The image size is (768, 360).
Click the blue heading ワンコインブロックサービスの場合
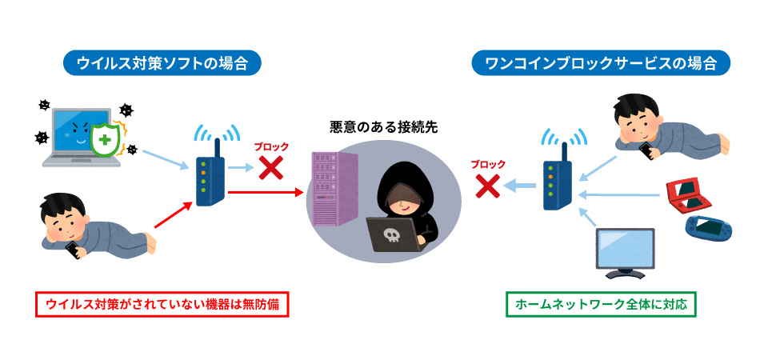(601, 64)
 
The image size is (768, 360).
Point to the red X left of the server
(271, 168)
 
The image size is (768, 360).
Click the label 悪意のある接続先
(384, 126)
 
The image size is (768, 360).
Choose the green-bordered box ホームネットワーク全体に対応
(602, 305)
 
